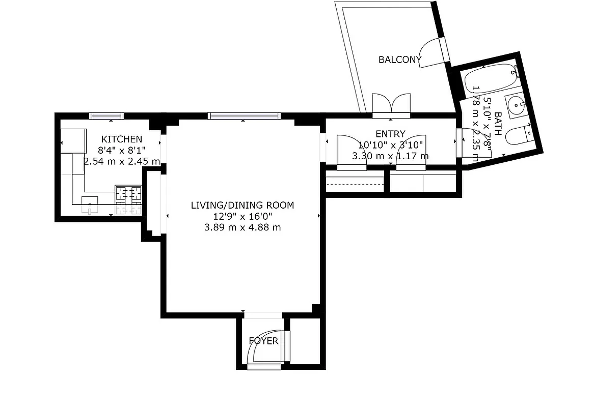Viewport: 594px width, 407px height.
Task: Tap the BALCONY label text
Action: [x=400, y=60]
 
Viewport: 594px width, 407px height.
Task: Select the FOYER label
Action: [x=263, y=341]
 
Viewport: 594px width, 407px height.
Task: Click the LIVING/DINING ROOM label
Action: [x=242, y=206]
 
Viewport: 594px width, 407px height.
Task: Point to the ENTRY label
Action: [x=390, y=134]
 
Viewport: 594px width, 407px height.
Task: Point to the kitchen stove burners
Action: [x=128, y=193]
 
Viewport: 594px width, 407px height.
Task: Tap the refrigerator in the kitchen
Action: [x=73, y=140]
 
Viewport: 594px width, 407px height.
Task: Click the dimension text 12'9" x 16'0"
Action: [x=242, y=216]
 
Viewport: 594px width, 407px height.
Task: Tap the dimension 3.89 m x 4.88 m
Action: [x=242, y=227]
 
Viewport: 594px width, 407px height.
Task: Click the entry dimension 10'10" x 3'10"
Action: [x=390, y=145]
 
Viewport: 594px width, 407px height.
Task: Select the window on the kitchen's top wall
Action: [x=106, y=115]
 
